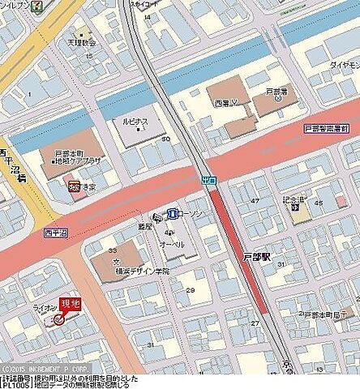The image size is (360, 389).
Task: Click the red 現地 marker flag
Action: click(71, 303)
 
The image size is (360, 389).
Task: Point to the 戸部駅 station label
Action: click(255, 255)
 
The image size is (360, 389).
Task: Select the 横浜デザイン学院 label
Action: click(143, 271)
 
